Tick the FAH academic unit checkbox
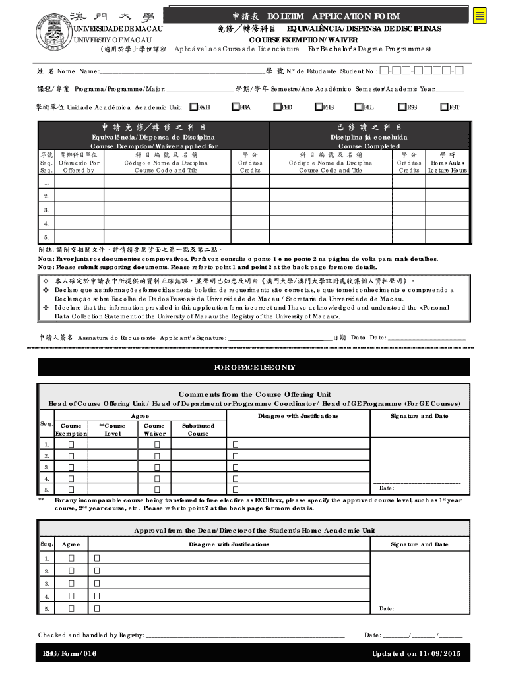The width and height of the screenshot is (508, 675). point(193,107)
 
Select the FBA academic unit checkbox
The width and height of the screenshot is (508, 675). point(236,107)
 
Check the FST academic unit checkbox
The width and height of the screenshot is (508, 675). point(445,107)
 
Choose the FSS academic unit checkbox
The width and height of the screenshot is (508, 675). point(402,107)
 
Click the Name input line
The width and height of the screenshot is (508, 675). point(181,72)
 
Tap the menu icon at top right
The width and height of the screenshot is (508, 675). point(480,16)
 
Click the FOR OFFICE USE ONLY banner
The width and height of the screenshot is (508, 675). point(254,367)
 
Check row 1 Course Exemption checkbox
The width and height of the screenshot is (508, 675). point(71,444)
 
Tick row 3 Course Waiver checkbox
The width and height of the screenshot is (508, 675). point(157,467)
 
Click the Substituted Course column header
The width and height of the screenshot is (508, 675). point(198,430)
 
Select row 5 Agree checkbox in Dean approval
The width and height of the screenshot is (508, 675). point(71,609)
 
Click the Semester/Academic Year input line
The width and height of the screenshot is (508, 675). point(449,90)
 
